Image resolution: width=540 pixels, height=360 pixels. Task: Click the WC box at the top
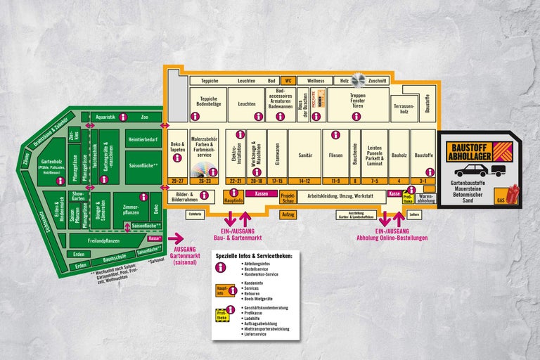288,81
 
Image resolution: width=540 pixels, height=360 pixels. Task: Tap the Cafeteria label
195,214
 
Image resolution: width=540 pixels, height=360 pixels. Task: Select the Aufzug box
288,214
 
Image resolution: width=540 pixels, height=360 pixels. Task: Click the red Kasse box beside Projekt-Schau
262,193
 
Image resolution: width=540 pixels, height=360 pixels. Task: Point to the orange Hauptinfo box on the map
233,200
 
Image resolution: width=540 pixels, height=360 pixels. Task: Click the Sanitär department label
304,155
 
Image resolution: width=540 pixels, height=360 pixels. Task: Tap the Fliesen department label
335,155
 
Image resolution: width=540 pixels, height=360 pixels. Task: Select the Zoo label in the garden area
145,117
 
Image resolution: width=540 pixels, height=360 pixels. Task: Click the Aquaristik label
105,117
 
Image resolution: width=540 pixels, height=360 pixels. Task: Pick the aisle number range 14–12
304,181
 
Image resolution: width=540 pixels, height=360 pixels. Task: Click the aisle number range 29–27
176,181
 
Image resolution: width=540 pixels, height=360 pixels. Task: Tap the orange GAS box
501,200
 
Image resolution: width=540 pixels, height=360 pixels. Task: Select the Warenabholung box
426,199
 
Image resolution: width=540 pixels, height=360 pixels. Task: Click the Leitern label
414,214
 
